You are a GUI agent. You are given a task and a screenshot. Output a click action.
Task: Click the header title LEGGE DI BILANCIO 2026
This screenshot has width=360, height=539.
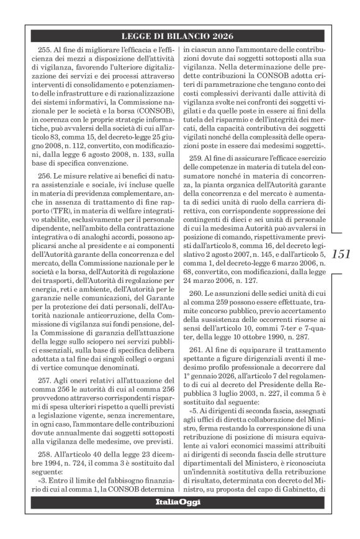tap(180, 36)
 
